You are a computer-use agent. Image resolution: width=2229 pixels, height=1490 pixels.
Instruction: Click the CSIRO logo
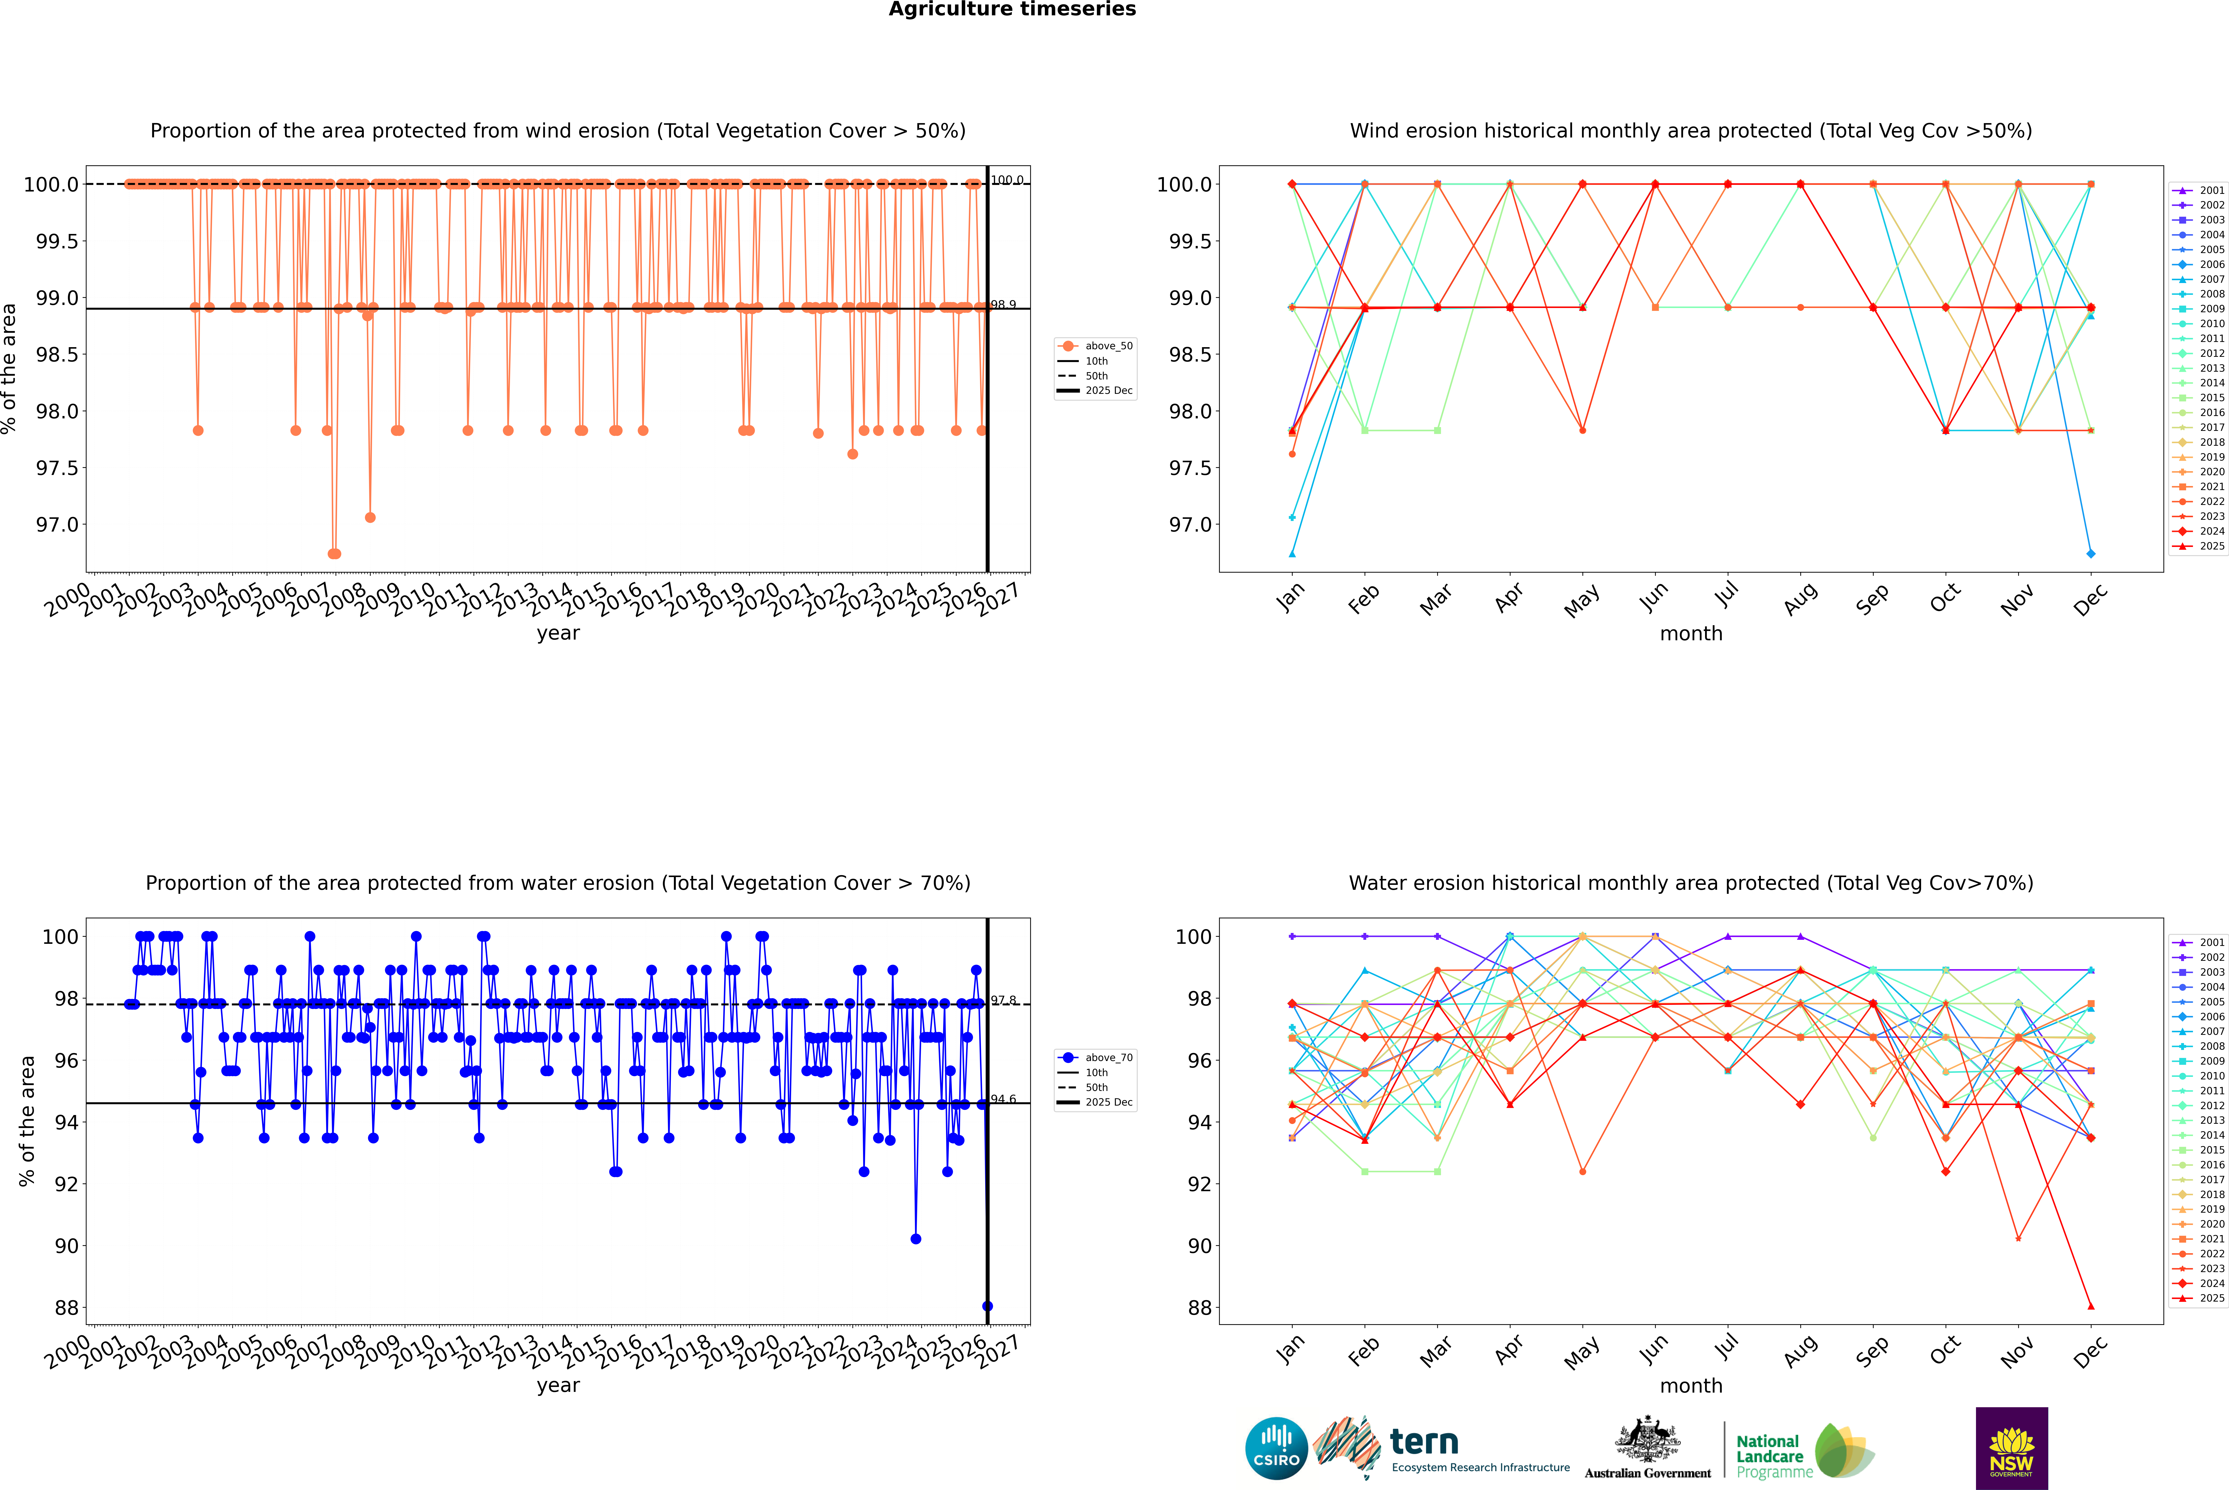[1276, 1448]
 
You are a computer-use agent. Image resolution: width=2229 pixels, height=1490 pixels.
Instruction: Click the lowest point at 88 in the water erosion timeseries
[987, 1307]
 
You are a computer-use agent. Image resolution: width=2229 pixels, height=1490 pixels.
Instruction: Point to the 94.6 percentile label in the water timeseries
[1003, 1099]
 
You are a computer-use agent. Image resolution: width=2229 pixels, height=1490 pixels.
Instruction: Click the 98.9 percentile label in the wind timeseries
[1003, 305]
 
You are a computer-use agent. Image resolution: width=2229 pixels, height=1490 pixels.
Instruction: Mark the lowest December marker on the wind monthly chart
[2090, 553]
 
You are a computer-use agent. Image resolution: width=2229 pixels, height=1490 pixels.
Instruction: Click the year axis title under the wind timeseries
[558, 633]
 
